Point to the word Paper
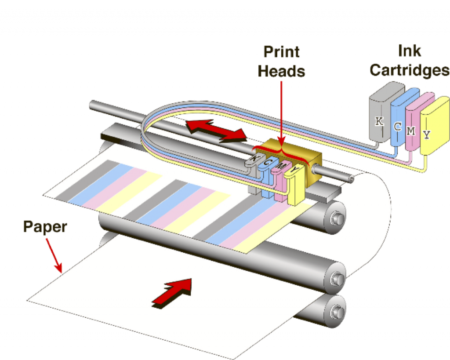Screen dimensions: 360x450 [45, 227]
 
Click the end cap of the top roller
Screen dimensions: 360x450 [336, 217]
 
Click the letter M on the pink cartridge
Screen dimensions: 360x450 [411, 130]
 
